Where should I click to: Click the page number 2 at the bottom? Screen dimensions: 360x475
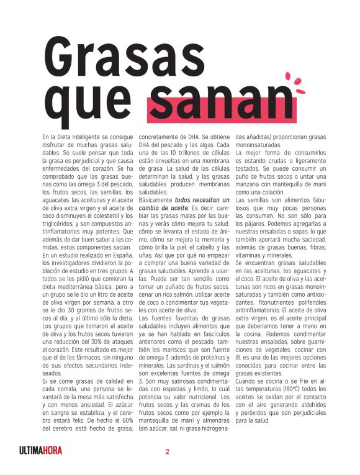coord(167,451)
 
